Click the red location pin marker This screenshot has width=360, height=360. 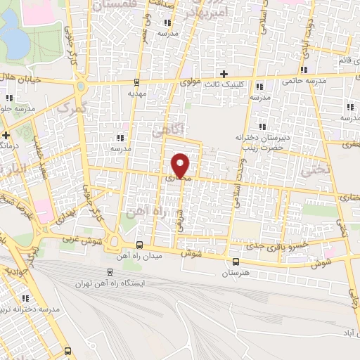(x=181, y=165)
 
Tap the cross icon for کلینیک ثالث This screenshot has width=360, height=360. (x=224, y=74)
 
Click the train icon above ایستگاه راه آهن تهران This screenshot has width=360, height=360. (x=110, y=271)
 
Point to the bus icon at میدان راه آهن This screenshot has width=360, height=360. (x=139, y=245)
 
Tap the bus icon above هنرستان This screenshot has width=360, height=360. (x=235, y=261)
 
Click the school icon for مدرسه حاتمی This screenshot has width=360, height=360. (x=303, y=70)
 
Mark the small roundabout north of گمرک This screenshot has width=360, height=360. (x=82, y=86)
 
